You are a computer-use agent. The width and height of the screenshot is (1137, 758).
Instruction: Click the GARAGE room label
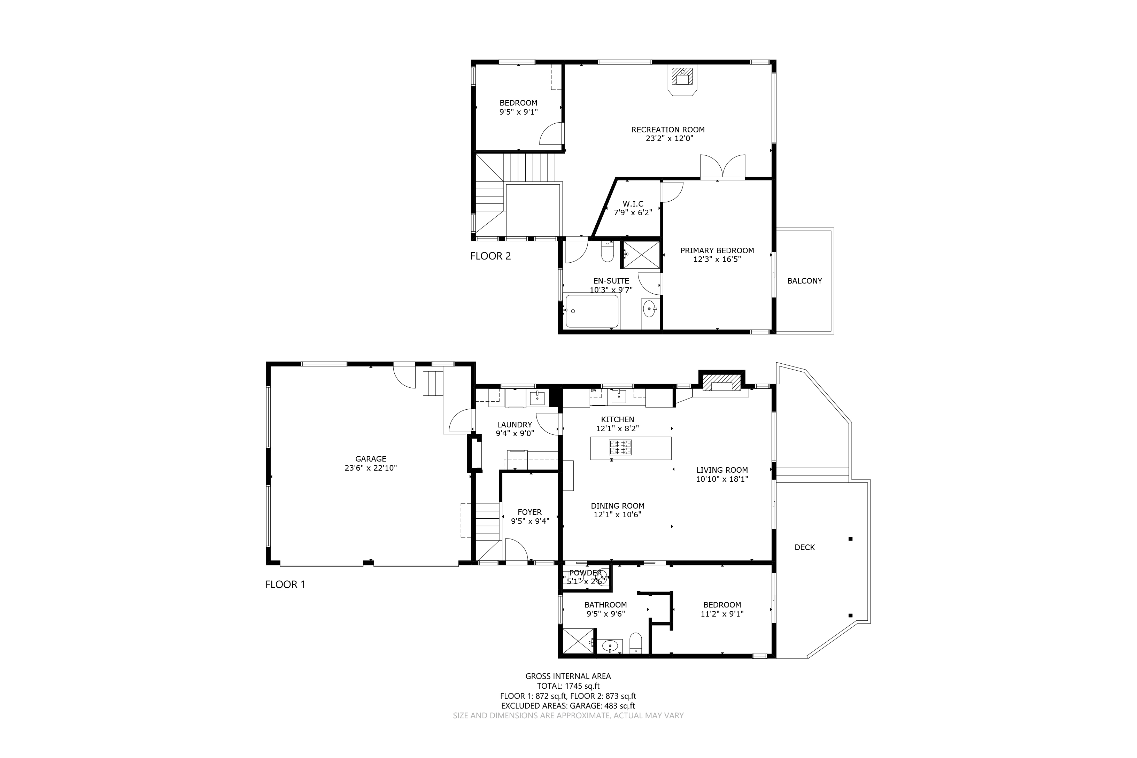click(x=371, y=459)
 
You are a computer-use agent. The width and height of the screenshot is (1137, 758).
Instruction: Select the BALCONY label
click(x=804, y=281)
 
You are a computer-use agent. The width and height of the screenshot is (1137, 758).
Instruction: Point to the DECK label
click(x=804, y=547)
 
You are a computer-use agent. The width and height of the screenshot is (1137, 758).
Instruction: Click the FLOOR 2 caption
click(x=490, y=256)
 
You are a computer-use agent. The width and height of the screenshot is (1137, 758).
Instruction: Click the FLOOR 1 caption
click(x=285, y=585)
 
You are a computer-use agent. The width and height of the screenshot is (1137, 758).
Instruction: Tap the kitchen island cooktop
click(x=620, y=447)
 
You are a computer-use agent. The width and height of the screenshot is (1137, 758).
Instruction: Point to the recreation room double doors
click(x=722, y=167)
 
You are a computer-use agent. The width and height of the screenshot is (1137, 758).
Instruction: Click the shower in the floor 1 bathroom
click(x=579, y=641)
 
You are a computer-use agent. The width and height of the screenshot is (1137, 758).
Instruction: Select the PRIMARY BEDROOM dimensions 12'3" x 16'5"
click(x=717, y=260)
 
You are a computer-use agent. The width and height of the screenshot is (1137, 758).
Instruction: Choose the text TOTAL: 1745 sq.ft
click(x=568, y=686)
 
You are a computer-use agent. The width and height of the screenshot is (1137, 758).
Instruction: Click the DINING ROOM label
click(x=617, y=506)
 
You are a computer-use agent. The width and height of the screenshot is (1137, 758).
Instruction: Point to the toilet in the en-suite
click(x=607, y=252)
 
